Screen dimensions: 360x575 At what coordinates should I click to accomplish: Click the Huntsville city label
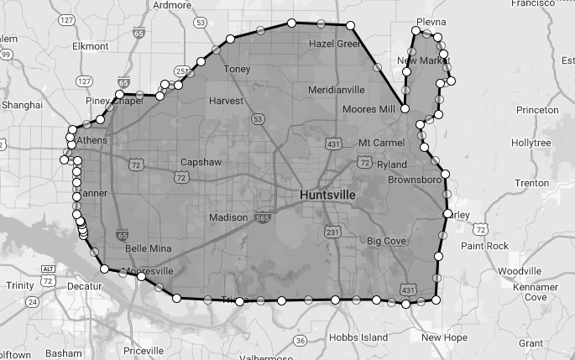[x=327, y=195]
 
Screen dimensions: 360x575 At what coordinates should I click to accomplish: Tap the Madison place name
[x=228, y=218]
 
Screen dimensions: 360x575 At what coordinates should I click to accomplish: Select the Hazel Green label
[x=334, y=44]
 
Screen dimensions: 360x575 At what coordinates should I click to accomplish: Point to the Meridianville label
[x=337, y=89]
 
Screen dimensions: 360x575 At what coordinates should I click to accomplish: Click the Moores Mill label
[x=369, y=110]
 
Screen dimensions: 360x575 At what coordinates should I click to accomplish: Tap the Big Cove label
[x=387, y=241]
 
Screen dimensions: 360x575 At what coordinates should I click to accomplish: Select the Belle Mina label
[x=148, y=249]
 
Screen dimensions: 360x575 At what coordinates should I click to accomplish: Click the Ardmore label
[x=173, y=5]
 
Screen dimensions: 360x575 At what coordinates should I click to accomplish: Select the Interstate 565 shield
[x=265, y=217]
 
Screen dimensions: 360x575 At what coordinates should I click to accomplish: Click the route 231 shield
[x=332, y=232]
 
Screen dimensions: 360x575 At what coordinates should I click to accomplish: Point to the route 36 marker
[x=301, y=340]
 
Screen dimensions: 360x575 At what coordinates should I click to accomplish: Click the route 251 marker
[x=180, y=72]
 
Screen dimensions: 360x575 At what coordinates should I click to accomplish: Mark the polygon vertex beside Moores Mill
[x=405, y=109]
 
